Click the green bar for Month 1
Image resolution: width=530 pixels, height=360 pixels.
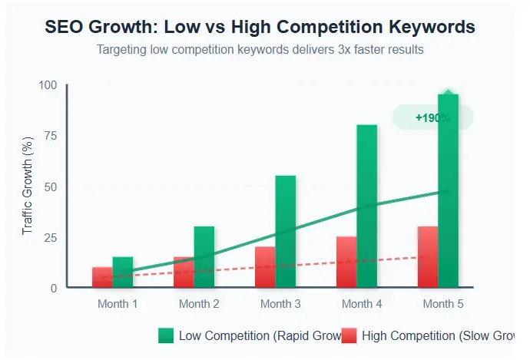[x=123, y=272]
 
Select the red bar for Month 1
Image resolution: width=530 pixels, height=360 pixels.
[x=102, y=277]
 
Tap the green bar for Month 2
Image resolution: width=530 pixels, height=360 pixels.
[x=204, y=257]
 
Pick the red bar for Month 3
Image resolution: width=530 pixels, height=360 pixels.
[x=265, y=267]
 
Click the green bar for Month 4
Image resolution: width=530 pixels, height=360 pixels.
[x=367, y=206]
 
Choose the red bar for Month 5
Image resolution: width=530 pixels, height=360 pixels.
[x=428, y=257]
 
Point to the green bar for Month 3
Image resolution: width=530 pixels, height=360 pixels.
[x=286, y=232]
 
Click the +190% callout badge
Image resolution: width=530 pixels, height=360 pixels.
[x=432, y=117]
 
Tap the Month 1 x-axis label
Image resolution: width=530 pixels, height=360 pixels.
[x=118, y=304]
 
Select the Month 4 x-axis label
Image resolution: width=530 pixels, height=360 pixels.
[x=362, y=304]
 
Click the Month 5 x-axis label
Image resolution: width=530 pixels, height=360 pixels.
[x=443, y=304]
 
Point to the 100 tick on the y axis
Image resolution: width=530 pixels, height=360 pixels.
[x=48, y=85]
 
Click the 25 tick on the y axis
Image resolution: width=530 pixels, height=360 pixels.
[x=51, y=237]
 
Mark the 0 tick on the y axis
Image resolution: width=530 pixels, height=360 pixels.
[x=54, y=288]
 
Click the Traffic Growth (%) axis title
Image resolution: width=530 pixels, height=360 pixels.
[x=28, y=187]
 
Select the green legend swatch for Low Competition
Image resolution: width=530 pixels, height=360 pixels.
[x=166, y=335]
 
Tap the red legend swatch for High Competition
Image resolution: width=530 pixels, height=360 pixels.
[x=349, y=335]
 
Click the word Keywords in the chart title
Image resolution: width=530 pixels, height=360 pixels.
[x=432, y=27]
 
